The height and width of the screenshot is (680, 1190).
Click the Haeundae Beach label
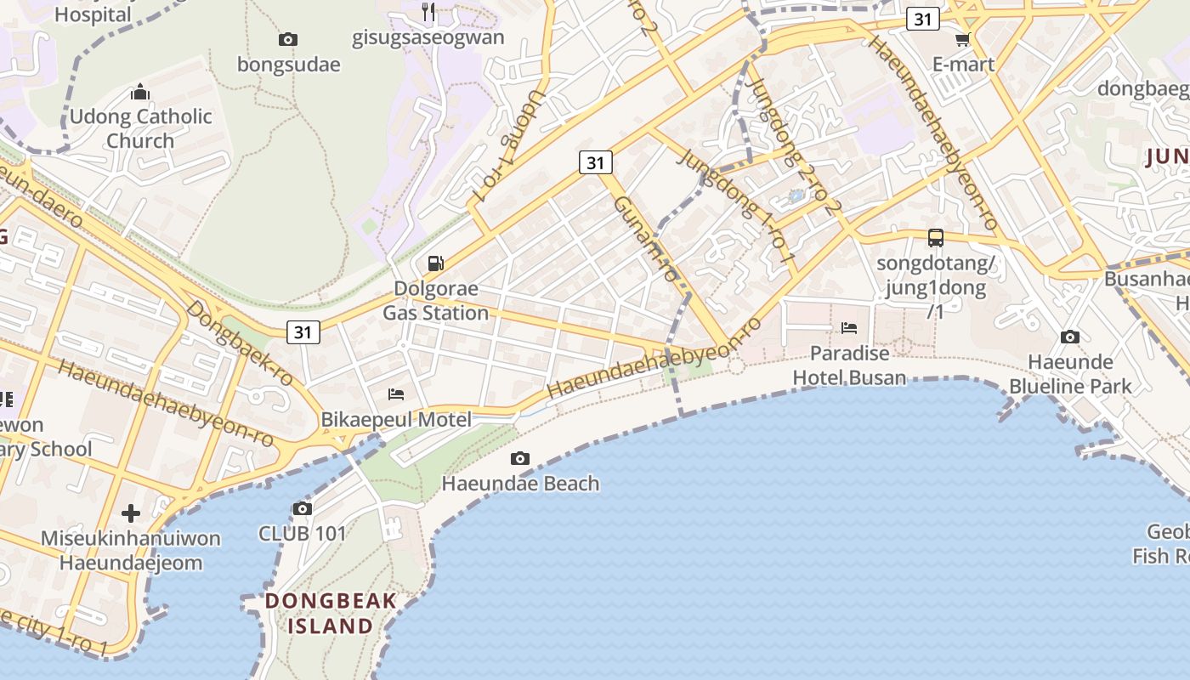tap(520, 484)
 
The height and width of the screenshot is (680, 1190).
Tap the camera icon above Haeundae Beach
tap(520, 459)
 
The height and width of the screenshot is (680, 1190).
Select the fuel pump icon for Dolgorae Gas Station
tap(436, 263)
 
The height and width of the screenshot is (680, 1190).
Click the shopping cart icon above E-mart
tap(963, 39)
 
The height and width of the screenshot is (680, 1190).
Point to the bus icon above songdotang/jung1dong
tap(936, 238)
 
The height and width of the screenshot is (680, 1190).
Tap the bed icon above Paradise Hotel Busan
tap(848, 328)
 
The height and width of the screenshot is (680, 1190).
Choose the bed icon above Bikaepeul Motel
tap(396, 394)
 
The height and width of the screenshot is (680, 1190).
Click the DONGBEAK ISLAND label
tap(331, 614)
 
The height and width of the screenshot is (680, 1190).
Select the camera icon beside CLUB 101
tap(302, 509)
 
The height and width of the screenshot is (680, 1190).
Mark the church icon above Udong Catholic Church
tap(140, 92)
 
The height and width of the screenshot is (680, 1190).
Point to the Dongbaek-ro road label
tap(240, 342)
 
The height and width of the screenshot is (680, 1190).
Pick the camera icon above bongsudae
tap(288, 39)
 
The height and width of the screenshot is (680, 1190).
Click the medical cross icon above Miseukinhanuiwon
tap(131, 513)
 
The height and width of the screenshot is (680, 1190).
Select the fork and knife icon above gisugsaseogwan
tap(428, 12)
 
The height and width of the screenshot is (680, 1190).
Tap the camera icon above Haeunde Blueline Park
tap(1070, 337)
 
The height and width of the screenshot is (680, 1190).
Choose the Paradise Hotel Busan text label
tap(849, 365)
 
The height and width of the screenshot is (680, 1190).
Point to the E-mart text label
tap(963, 64)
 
